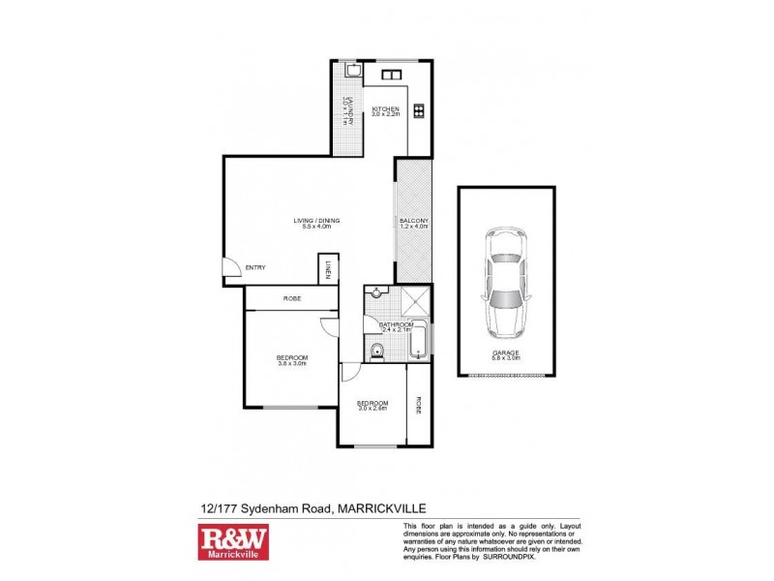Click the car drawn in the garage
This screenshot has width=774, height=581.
click(506, 279)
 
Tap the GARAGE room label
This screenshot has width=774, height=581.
click(506, 353)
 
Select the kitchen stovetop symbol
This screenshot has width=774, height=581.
click(419, 110)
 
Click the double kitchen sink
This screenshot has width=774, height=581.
click(391, 75)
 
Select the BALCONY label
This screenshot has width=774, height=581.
click(413, 221)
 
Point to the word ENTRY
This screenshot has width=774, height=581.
click(256, 267)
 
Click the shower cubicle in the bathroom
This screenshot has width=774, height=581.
click(414, 300)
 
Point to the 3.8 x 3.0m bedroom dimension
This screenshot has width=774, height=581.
click(292, 364)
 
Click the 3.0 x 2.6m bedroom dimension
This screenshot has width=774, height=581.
click(372, 409)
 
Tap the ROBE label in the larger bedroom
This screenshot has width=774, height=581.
click(291, 298)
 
